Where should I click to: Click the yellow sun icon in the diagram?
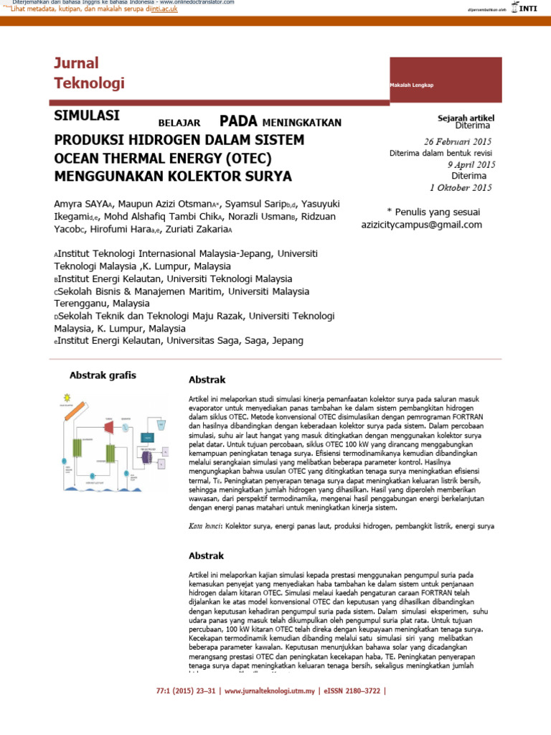coord(67,398)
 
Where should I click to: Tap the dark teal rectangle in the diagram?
coord(148,438)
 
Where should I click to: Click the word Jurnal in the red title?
coord(76,63)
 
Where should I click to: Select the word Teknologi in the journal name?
coord(89,83)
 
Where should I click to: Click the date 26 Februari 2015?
coord(458,141)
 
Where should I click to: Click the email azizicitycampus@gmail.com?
coord(422,225)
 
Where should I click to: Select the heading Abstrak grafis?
coord(103,375)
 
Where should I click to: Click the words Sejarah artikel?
coord(466,117)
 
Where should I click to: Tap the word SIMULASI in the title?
coord(88,116)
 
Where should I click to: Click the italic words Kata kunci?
coord(204,526)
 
